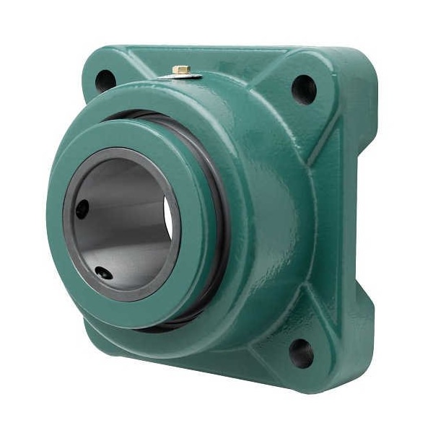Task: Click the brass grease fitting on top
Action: (181, 71)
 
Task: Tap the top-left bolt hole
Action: (105, 79)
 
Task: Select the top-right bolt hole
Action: (304, 89)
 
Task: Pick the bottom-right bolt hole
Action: (302, 353)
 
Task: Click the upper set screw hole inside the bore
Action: (82, 209)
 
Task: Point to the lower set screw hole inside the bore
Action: (104, 273)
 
